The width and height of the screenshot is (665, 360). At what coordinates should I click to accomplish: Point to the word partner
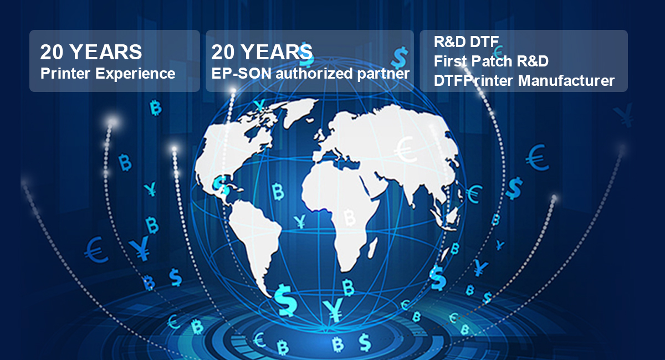383,74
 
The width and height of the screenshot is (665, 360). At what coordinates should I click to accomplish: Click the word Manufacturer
566,81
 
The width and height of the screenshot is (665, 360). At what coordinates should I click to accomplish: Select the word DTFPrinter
474,81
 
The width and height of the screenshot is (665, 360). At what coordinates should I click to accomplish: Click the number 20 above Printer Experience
52,52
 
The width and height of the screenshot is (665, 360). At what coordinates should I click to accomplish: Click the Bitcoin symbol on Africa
349,217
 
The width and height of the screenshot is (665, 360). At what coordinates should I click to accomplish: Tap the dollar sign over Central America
221,185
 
